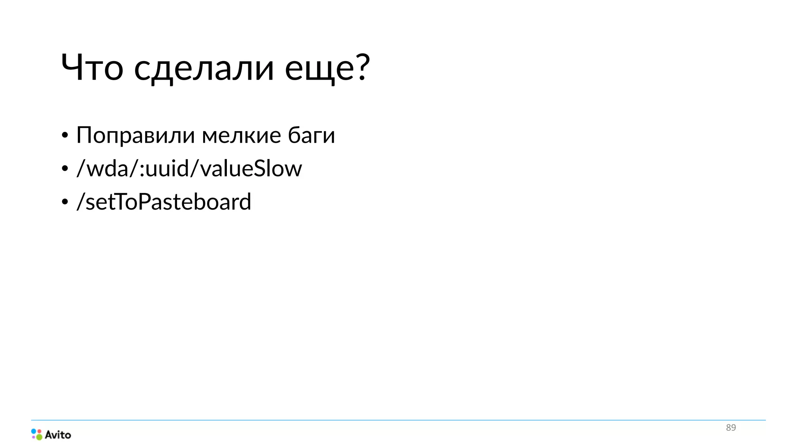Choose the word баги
coord(311,135)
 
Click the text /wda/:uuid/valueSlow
coord(189,169)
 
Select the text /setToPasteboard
coord(164,202)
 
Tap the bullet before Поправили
coord(65,136)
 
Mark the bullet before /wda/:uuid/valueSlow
coord(65,169)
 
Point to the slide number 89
coord(731,428)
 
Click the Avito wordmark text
coord(58,435)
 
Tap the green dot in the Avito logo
coord(39,437)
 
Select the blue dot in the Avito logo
coord(34,431)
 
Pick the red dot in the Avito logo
coord(39,431)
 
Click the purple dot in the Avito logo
coord(34,437)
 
